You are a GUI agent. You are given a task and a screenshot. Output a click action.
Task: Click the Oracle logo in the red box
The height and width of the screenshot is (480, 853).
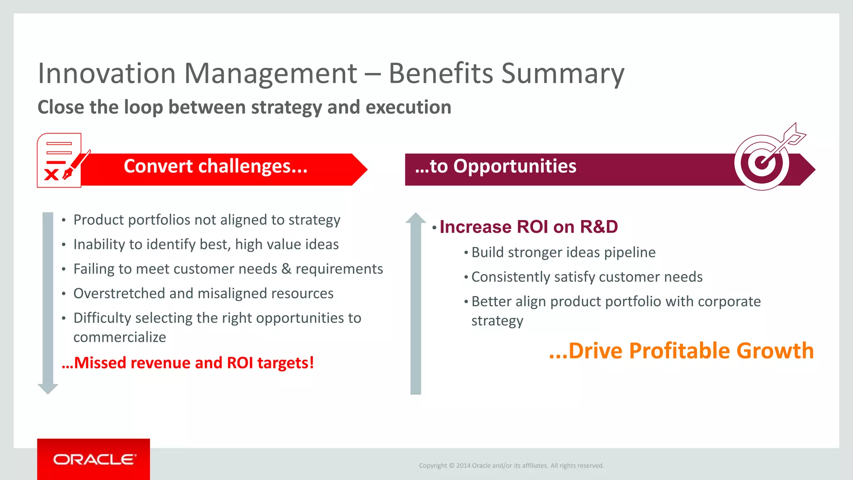94,459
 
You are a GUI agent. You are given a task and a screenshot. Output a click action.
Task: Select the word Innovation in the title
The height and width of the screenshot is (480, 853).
107,74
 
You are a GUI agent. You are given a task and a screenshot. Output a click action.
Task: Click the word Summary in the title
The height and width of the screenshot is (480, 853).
563,74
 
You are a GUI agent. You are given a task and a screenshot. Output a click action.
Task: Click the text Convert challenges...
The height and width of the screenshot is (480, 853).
215,166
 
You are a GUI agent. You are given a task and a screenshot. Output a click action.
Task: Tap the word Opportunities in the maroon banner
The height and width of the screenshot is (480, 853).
514,166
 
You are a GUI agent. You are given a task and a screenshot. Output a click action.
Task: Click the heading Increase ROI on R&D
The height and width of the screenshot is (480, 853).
529,227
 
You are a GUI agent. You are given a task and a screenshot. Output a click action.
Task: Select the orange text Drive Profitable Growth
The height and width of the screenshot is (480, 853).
691,350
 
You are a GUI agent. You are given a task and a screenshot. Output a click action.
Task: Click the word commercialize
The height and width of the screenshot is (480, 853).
120,337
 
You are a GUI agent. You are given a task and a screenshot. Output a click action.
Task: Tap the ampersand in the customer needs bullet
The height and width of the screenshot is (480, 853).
286,269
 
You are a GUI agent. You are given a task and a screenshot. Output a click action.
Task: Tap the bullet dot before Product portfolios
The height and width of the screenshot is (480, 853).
64,220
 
